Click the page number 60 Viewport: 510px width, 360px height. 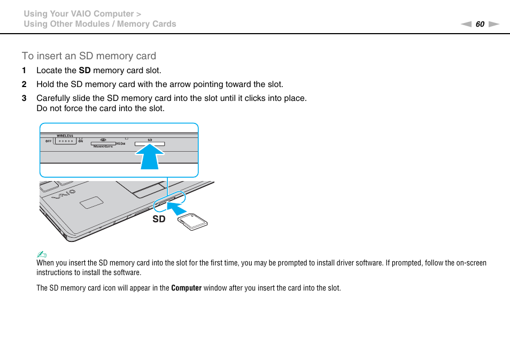[x=480, y=24]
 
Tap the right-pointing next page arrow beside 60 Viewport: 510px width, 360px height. [x=493, y=24]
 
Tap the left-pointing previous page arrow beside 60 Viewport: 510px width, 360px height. [x=466, y=24]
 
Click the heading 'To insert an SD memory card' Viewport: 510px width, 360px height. [x=89, y=56]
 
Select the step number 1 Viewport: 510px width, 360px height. [x=24, y=71]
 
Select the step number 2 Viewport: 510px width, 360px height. [x=24, y=84]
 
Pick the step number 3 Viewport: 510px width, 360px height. [x=24, y=98]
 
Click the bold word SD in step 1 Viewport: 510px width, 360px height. [x=84, y=71]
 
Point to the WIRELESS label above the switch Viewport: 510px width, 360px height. [x=65, y=136]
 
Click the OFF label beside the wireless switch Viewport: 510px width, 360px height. [x=48, y=142]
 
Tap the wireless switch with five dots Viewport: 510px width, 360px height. [x=65, y=142]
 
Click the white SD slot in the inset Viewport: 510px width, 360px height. [x=150, y=144]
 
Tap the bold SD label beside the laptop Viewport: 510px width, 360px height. [x=159, y=219]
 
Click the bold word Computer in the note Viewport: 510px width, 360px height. [x=186, y=288]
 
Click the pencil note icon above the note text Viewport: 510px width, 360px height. [x=40, y=254]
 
